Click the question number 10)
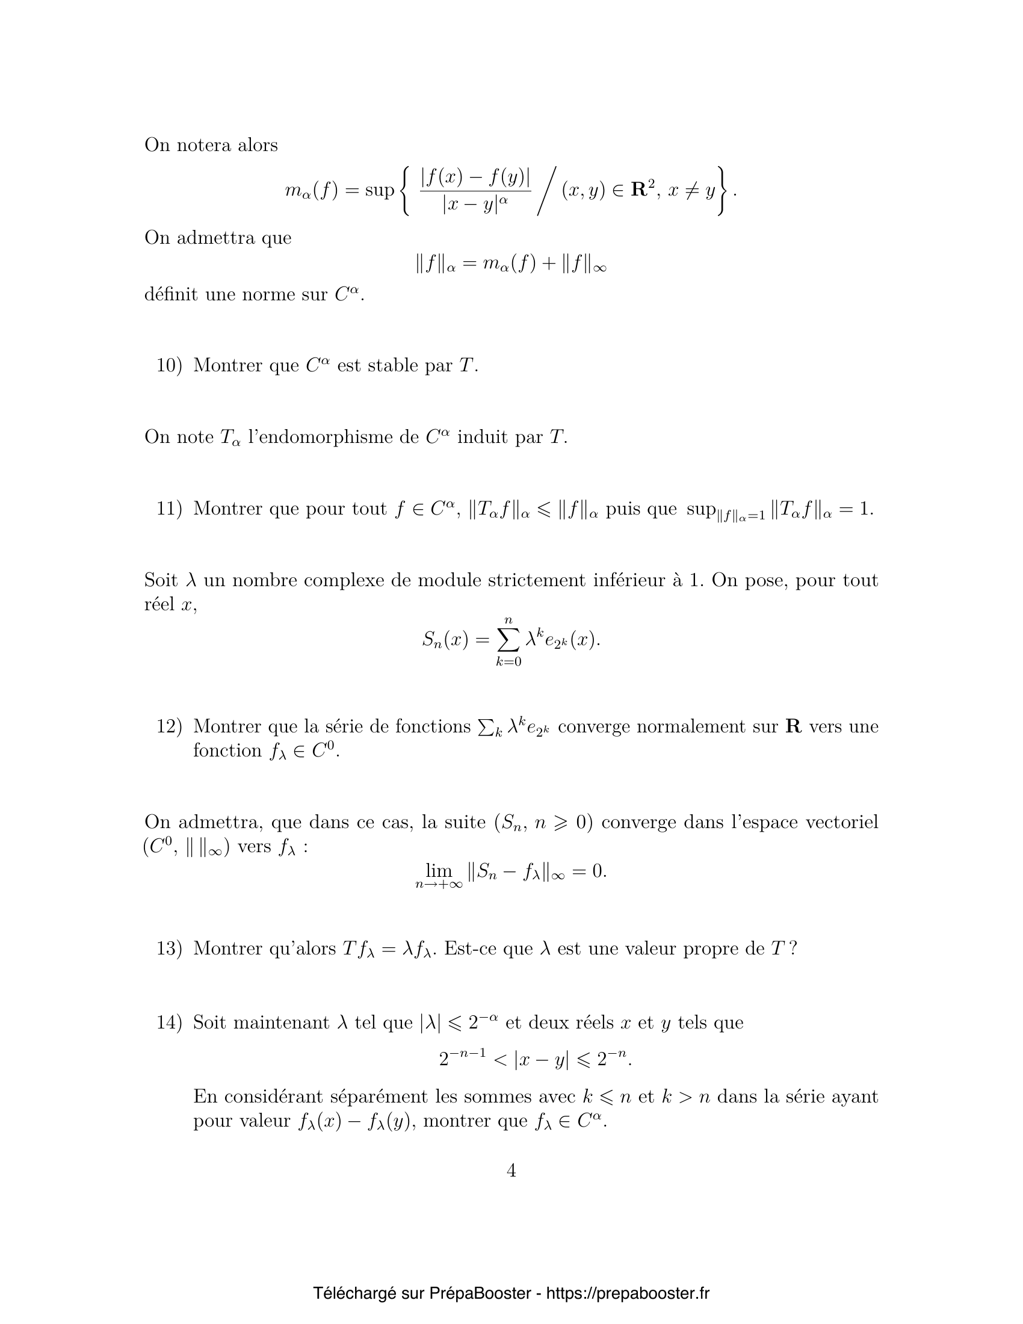(x=169, y=365)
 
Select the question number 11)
(x=169, y=509)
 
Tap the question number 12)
(x=169, y=726)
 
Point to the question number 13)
(x=169, y=948)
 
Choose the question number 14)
(x=169, y=1022)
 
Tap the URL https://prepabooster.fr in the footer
(x=628, y=1294)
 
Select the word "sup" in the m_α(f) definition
(x=379, y=190)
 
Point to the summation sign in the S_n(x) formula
(x=508, y=640)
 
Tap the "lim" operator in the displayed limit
(x=439, y=872)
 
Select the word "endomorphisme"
(x=321, y=437)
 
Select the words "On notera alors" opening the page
(x=211, y=146)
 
